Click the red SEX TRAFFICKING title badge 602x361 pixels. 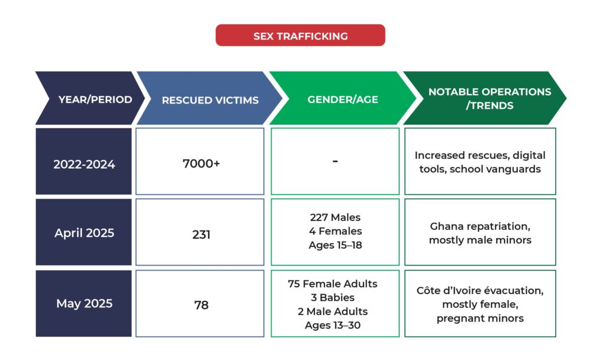300,35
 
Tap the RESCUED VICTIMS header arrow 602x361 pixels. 210,98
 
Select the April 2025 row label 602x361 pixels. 83,232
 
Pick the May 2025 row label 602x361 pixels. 83,303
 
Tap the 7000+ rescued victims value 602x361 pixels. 201,163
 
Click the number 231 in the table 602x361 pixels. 201,234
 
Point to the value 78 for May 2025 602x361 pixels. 201,305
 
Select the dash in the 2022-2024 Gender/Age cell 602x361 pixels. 335,161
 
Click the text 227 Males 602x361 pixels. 335,218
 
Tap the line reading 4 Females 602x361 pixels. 335,231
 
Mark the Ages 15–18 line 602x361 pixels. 335,245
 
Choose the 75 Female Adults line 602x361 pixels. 333,284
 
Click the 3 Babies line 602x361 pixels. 333,298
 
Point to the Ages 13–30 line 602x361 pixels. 333,325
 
